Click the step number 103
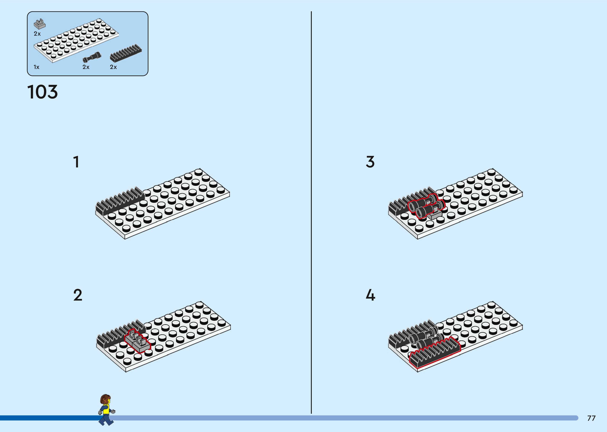42,92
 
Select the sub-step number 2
78,295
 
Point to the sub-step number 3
370,162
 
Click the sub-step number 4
370,295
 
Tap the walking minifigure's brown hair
105,399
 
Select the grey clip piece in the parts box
40,24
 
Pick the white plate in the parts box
76,40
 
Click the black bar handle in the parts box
92,57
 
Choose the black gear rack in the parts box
126,53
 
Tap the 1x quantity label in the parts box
36,67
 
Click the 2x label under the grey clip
37,34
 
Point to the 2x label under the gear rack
113,67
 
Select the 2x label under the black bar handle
86,67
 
